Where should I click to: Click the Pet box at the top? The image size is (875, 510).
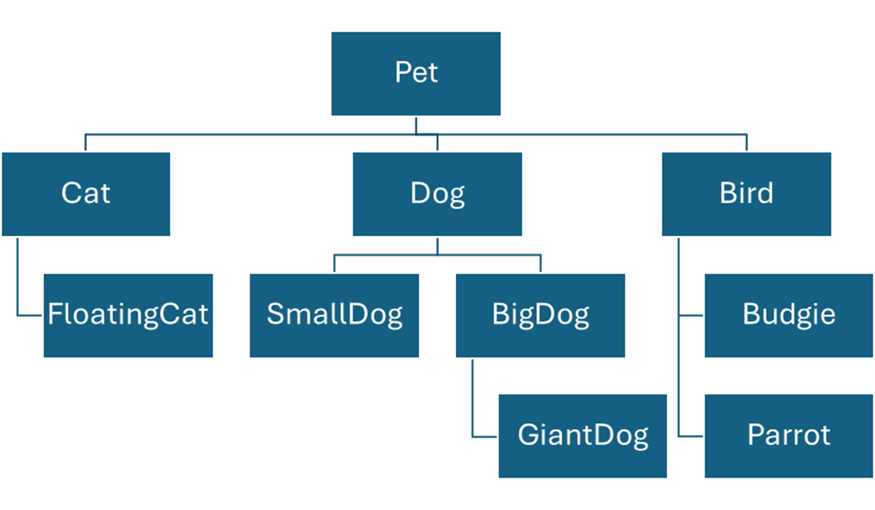pos(416,73)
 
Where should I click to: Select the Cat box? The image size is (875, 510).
pos(86,194)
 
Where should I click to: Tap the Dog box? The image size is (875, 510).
pos(437,194)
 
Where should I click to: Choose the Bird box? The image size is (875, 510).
pos(746,194)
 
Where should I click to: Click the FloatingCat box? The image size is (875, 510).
pos(128,315)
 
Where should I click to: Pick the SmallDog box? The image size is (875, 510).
pos(334,315)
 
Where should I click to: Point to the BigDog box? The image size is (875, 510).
pos(540,315)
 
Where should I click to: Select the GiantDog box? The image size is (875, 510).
pos(583,435)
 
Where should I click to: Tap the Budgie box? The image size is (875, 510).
pos(789,315)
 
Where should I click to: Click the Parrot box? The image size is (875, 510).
pos(789,435)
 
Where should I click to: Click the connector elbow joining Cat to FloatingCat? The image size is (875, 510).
pos(18,315)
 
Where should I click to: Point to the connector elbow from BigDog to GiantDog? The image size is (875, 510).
pos(473,436)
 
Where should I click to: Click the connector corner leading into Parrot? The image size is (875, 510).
pos(679,436)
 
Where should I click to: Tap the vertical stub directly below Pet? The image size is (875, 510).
pos(416,126)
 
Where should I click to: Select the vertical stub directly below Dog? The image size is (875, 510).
pos(437,246)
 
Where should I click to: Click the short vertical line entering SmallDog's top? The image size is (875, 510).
pos(334,263)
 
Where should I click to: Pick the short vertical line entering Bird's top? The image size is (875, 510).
pos(746,143)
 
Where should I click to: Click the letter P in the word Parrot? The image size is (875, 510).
pos(755,435)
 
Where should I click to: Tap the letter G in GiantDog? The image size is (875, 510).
pos(528,435)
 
